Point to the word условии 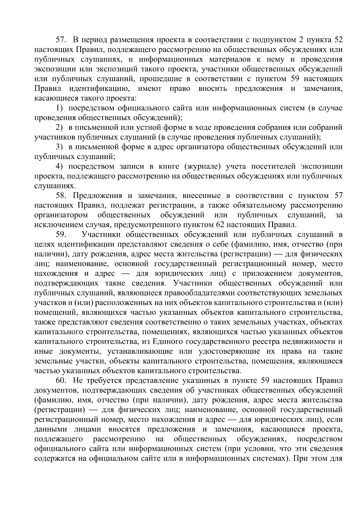pyautogui.click(x=258, y=449)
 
